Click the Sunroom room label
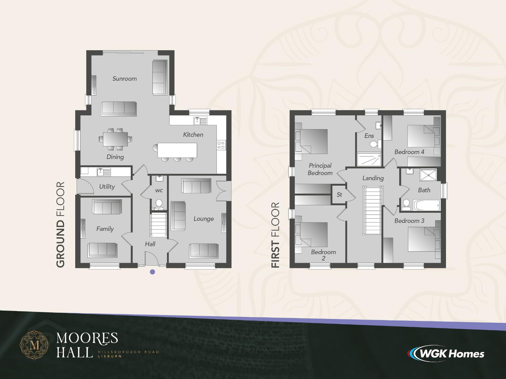[124, 79]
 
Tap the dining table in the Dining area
[115, 139]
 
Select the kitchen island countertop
[177, 150]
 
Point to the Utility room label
[107, 187]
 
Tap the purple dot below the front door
[153, 272]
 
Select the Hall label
[150, 244]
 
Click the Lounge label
[203, 219]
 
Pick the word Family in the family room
[105, 229]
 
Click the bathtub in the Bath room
[427, 205]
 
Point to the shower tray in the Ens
[369, 159]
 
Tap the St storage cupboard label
[339, 195]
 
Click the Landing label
[373, 178]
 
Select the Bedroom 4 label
[409, 152]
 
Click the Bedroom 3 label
[409, 221]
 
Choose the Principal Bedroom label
[320, 169]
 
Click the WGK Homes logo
[446, 354]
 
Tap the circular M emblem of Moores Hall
[34, 345]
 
